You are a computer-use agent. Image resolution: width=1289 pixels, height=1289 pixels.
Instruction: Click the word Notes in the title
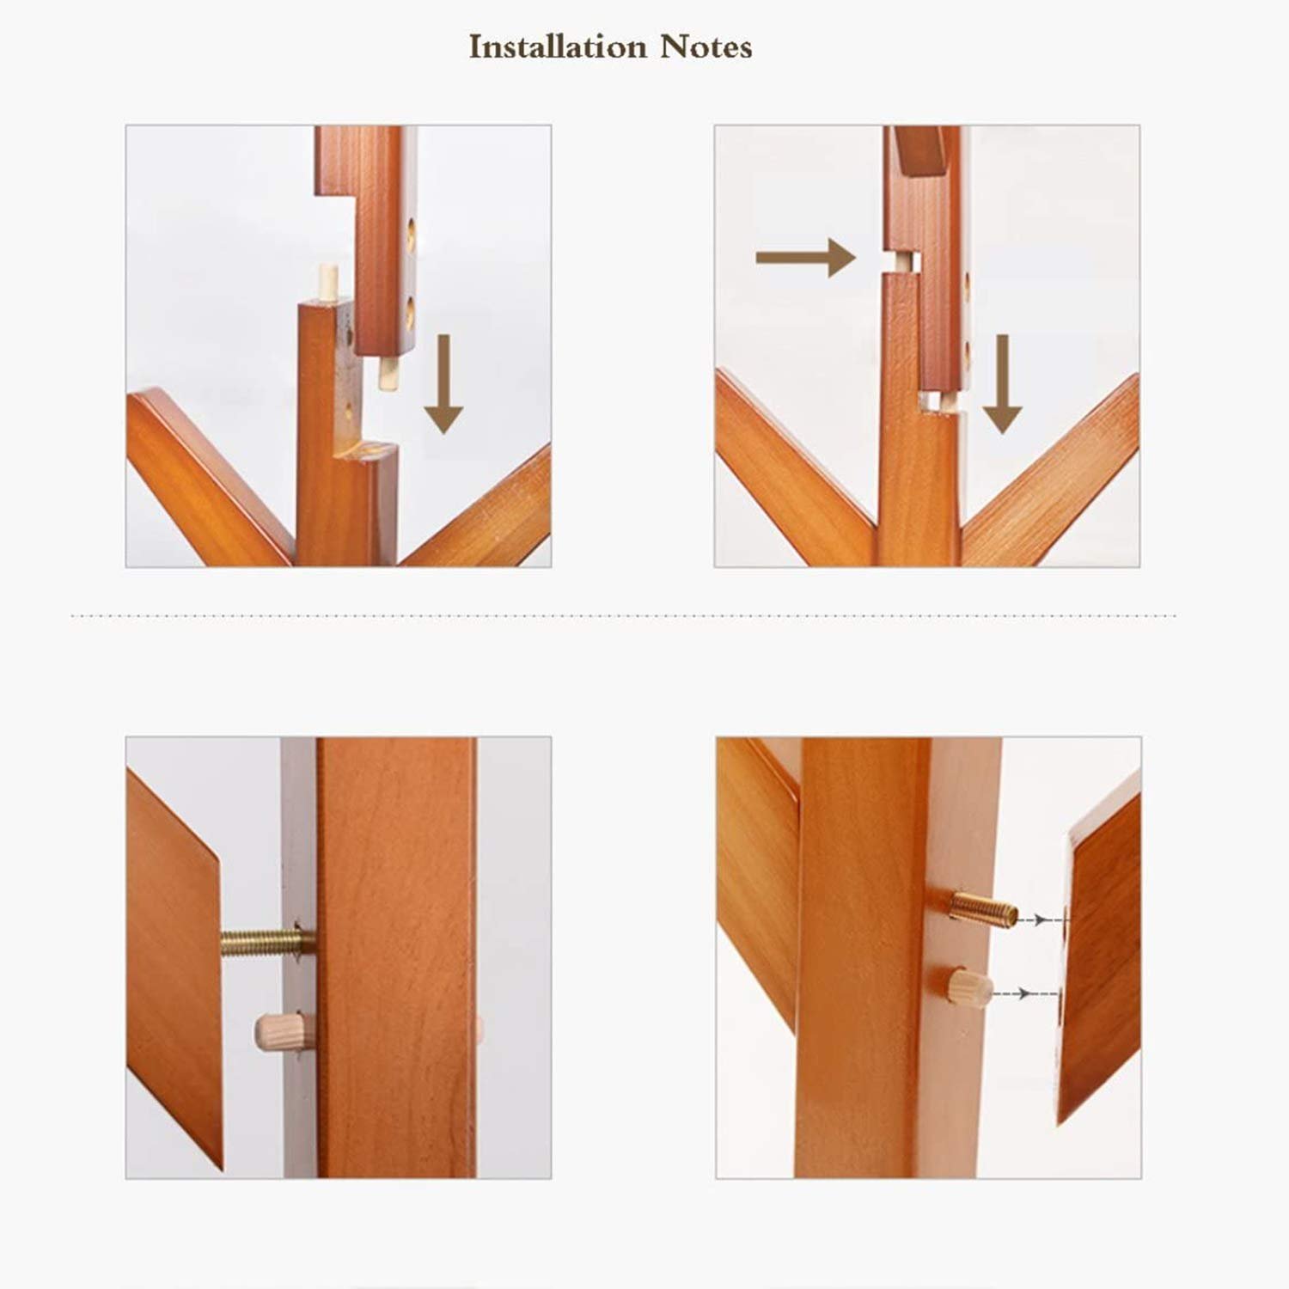pos(706,46)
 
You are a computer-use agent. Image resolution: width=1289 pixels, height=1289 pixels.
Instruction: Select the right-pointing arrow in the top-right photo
pos(805,258)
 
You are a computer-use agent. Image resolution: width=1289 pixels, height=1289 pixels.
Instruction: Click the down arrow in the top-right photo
pos(1001,384)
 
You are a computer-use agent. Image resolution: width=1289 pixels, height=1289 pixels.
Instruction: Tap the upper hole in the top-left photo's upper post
pos(411,233)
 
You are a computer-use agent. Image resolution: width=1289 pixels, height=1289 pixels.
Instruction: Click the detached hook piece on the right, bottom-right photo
pos(1100,958)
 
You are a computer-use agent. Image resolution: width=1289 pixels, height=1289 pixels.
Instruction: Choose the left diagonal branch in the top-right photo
pos(791,468)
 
